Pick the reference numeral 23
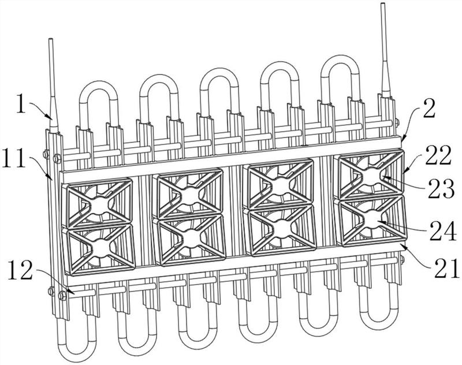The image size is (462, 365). (x=441, y=188)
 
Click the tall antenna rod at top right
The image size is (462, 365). (x=385, y=50)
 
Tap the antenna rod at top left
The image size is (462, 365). (x=53, y=85)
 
